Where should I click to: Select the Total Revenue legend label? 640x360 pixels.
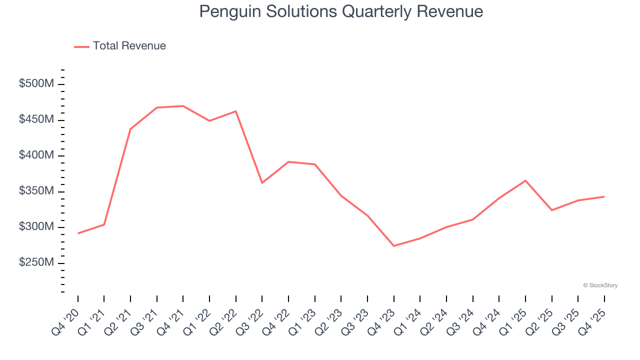tap(129, 46)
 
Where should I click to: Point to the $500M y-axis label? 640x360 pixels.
tap(36, 84)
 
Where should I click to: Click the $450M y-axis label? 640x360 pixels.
tap(36, 120)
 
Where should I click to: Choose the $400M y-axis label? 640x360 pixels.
tap(36, 155)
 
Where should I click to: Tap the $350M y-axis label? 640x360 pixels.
tap(36, 191)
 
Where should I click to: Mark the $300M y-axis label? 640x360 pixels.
tap(36, 227)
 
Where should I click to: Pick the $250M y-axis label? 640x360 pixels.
tap(36, 263)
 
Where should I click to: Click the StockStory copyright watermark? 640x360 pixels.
tap(600, 285)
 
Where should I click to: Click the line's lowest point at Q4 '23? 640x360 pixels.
tap(394, 246)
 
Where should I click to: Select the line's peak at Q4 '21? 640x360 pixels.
tap(183, 106)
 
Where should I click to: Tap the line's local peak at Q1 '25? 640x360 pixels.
tap(525, 180)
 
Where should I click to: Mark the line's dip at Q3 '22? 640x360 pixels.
tap(262, 183)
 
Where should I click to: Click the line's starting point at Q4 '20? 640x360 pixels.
tap(78, 233)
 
